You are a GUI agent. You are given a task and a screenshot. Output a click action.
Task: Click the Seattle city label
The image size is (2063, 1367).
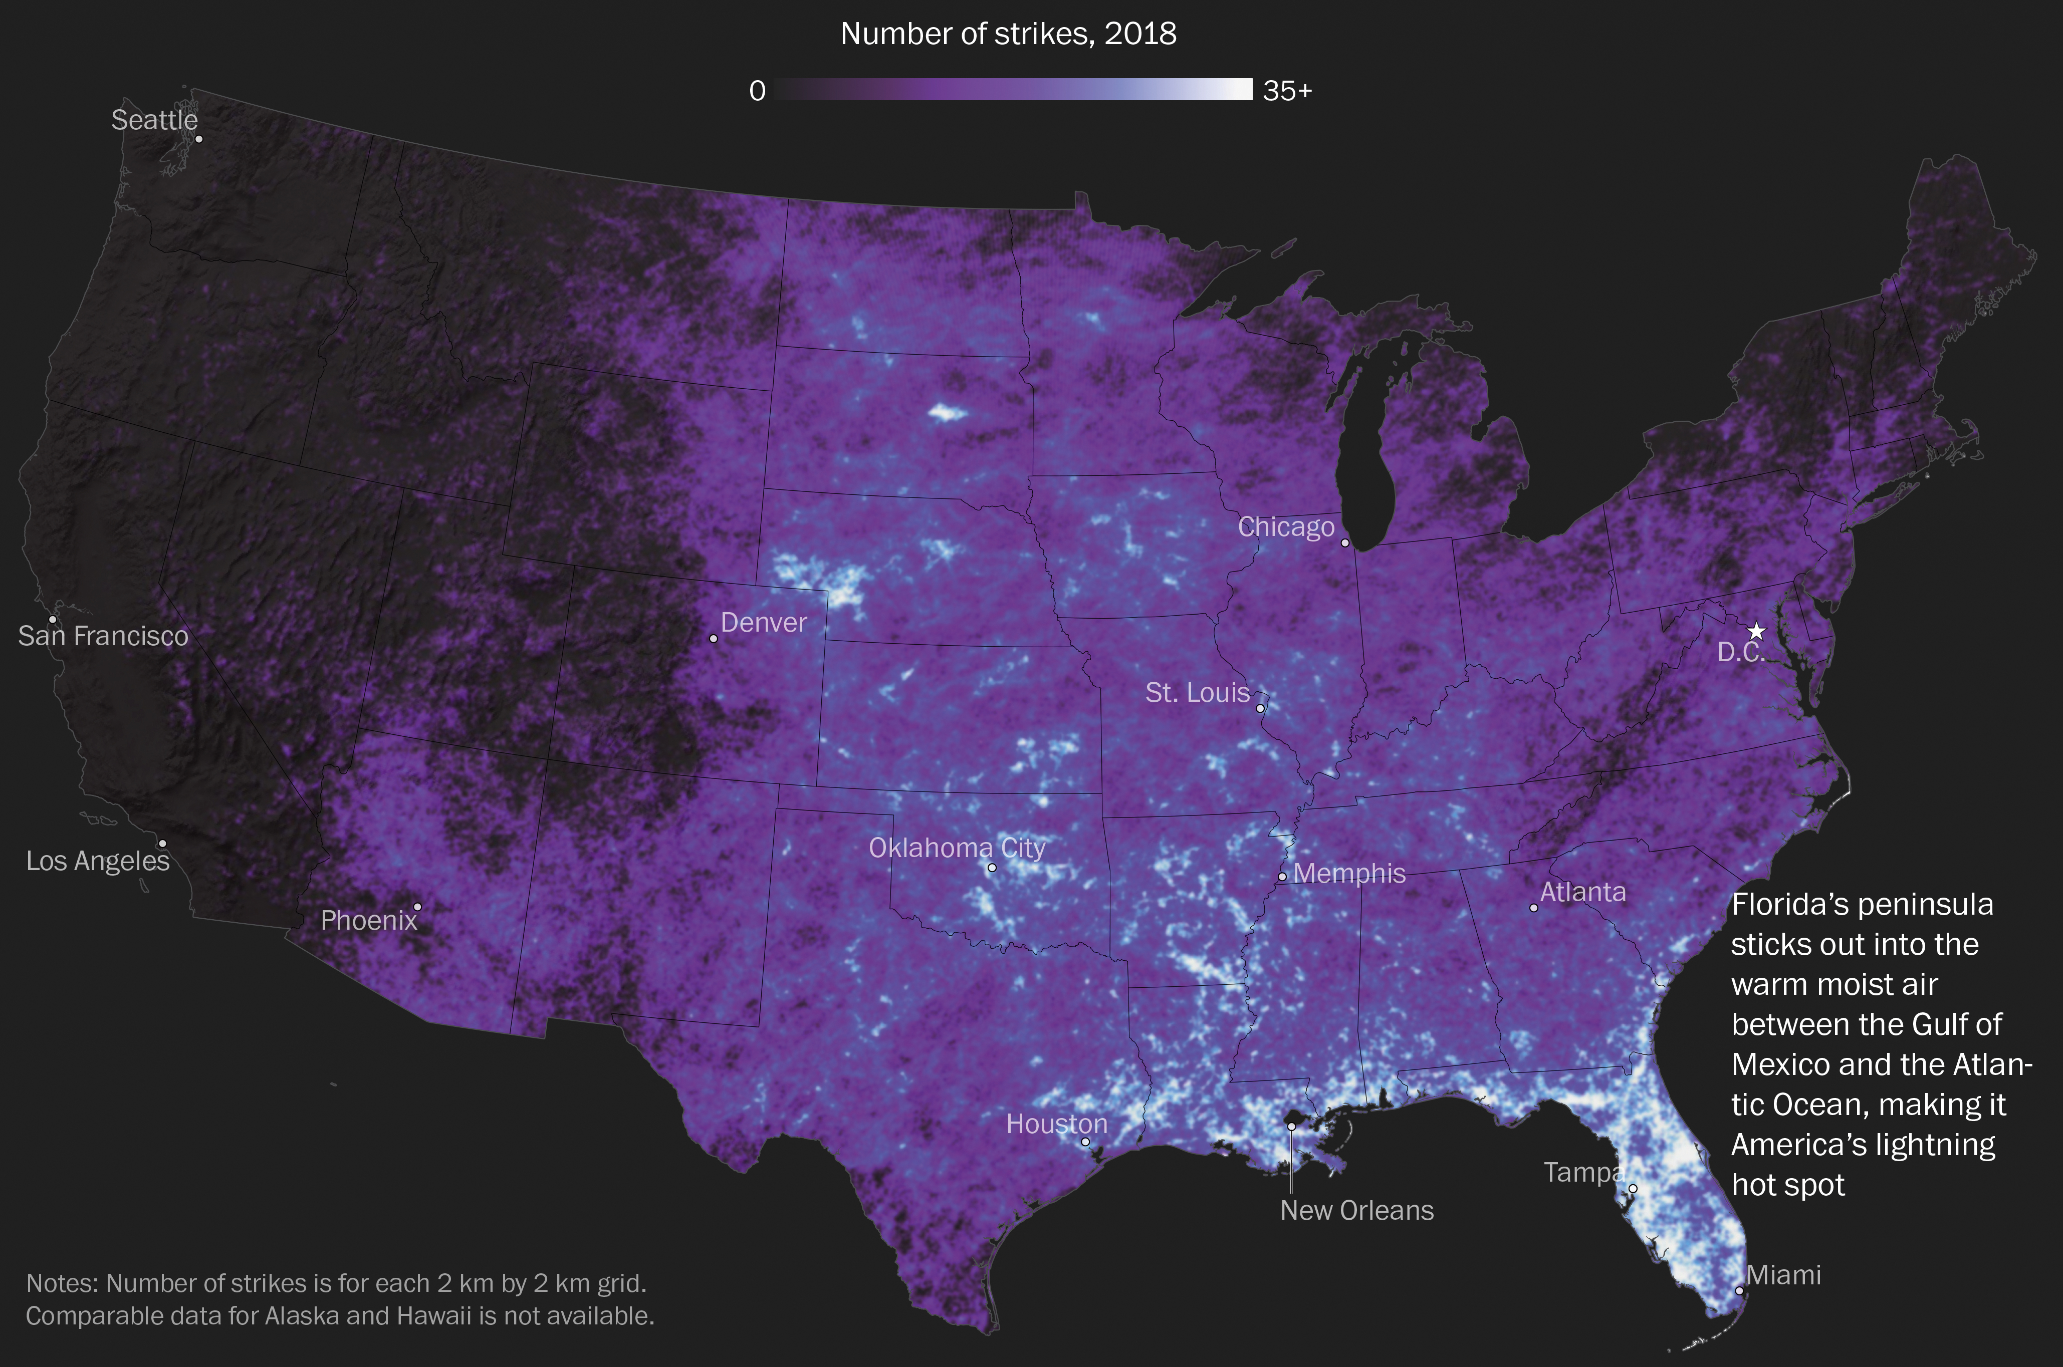pyautogui.click(x=154, y=120)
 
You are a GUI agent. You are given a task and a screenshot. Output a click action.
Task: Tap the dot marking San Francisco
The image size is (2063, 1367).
pyautogui.click(x=52, y=620)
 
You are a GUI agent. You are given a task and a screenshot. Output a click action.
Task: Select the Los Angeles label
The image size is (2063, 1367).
pyautogui.click(x=98, y=862)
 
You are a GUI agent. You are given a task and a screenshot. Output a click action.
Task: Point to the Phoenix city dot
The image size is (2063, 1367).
pyautogui.click(x=417, y=907)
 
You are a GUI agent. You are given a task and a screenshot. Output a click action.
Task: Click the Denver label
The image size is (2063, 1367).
pyautogui.click(x=764, y=623)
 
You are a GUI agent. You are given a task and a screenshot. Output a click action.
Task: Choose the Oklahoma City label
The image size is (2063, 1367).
pyautogui.click(x=957, y=848)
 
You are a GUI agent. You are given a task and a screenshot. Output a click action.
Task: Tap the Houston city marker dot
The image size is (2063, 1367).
pyautogui.click(x=1085, y=1141)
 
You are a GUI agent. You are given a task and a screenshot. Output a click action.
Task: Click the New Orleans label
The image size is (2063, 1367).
pyautogui.click(x=1357, y=1211)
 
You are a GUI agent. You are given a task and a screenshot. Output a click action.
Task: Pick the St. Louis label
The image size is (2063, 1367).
pyautogui.click(x=1197, y=693)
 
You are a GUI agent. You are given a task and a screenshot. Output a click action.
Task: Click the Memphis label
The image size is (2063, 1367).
pyautogui.click(x=1349, y=874)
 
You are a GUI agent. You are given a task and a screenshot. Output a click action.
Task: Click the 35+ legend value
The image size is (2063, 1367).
pyautogui.click(x=1287, y=91)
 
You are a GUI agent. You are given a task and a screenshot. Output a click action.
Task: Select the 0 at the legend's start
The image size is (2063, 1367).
pyautogui.click(x=757, y=91)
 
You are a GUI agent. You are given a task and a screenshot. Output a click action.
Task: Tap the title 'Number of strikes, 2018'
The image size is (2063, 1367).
pyautogui.click(x=1008, y=34)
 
